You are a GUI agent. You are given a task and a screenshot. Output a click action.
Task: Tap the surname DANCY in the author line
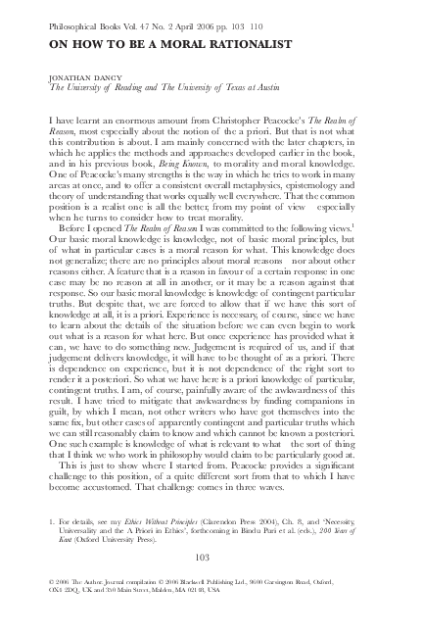tap(91, 75)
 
